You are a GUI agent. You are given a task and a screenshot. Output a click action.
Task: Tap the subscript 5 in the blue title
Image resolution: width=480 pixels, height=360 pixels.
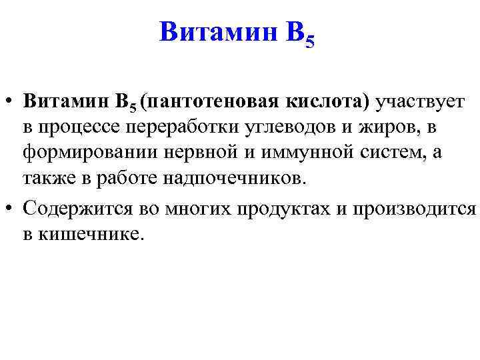[x=308, y=42]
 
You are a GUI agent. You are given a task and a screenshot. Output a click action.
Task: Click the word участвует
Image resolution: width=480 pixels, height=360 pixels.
[x=421, y=101]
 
